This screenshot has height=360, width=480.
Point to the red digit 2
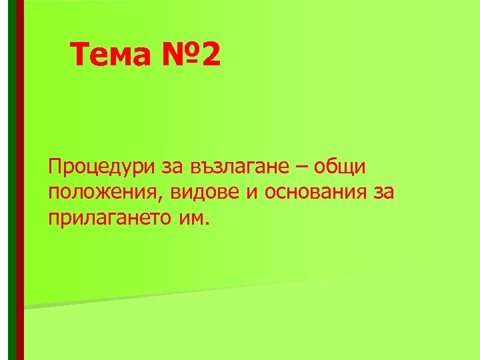[209, 56]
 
